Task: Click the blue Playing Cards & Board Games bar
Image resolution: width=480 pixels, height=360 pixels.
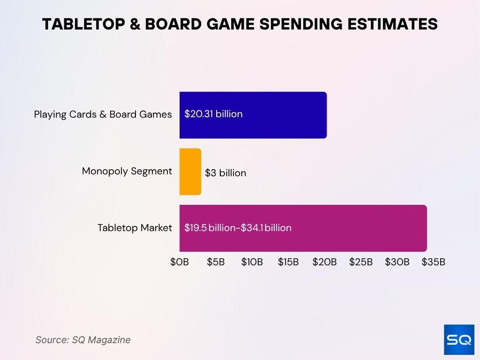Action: coord(281,115)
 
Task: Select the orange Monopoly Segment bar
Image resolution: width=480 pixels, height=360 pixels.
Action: coord(190,172)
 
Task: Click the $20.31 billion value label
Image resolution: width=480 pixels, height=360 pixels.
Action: coord(213,114)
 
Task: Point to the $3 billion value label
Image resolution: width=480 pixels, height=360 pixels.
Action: coord(225,173)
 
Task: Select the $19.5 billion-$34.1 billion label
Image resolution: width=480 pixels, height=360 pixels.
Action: coord(238,228)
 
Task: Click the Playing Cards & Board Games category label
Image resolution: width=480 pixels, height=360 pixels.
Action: coord(103,114)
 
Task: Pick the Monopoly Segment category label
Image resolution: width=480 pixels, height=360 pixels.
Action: coord(127,171)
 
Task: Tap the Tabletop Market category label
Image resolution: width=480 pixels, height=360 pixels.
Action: coord(135,228)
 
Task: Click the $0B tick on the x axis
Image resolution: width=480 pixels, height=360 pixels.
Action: coord(180,262)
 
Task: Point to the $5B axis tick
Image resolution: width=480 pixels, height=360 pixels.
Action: coord(216,262)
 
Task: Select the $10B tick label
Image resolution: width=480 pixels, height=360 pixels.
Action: coord(252,262)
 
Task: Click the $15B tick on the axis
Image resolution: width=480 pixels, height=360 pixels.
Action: coord(288,262)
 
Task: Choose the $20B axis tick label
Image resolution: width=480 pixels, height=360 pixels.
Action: coord(324,262)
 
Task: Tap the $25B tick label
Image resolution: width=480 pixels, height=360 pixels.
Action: coord(361,262)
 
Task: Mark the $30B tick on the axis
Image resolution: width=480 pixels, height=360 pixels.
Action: coord(397,262)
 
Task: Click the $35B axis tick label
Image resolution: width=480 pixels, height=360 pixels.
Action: coord(433,262)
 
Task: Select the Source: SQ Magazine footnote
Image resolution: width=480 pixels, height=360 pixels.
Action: coord(83,340)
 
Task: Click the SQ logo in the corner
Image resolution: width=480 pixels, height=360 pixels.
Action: coord(459,339)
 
